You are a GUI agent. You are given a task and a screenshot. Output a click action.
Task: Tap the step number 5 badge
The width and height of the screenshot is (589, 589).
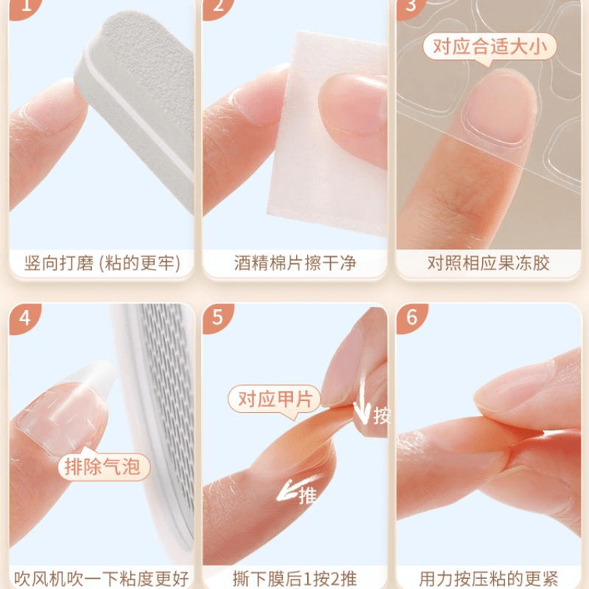click(x=218, y=319)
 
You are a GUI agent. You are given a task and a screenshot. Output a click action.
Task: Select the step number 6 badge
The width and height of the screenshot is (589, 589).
click(x=411, y=319)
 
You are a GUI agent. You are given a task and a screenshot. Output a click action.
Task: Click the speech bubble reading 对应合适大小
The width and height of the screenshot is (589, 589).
click(x=489, y=48)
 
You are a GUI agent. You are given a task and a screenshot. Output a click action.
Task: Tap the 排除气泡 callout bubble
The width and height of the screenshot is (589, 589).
click(x=103, y=465)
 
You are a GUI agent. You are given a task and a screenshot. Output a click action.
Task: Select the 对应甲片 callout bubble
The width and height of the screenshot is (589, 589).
click(x=274, y=400)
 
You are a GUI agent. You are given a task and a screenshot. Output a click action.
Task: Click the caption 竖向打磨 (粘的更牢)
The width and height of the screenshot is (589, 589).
click(x=102, y=263)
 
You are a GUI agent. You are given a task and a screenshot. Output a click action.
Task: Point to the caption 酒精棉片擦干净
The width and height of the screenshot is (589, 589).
click(x=295, y=263)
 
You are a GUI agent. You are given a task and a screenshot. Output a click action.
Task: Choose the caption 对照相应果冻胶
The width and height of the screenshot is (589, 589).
click(x=488, y=263)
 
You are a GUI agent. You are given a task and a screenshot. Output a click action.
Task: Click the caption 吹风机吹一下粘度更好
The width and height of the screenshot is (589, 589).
click(x=101, y=578)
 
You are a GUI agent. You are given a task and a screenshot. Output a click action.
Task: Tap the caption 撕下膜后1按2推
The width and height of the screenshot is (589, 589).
click(x=294, y=578)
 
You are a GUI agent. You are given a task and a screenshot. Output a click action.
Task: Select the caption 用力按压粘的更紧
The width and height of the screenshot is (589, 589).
click(x=488, y=578)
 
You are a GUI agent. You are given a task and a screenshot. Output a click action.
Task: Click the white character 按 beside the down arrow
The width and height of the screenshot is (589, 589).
click(x=382, y=415)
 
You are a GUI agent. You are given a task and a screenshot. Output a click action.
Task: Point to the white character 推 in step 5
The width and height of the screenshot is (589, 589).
click(x=308, y=496)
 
